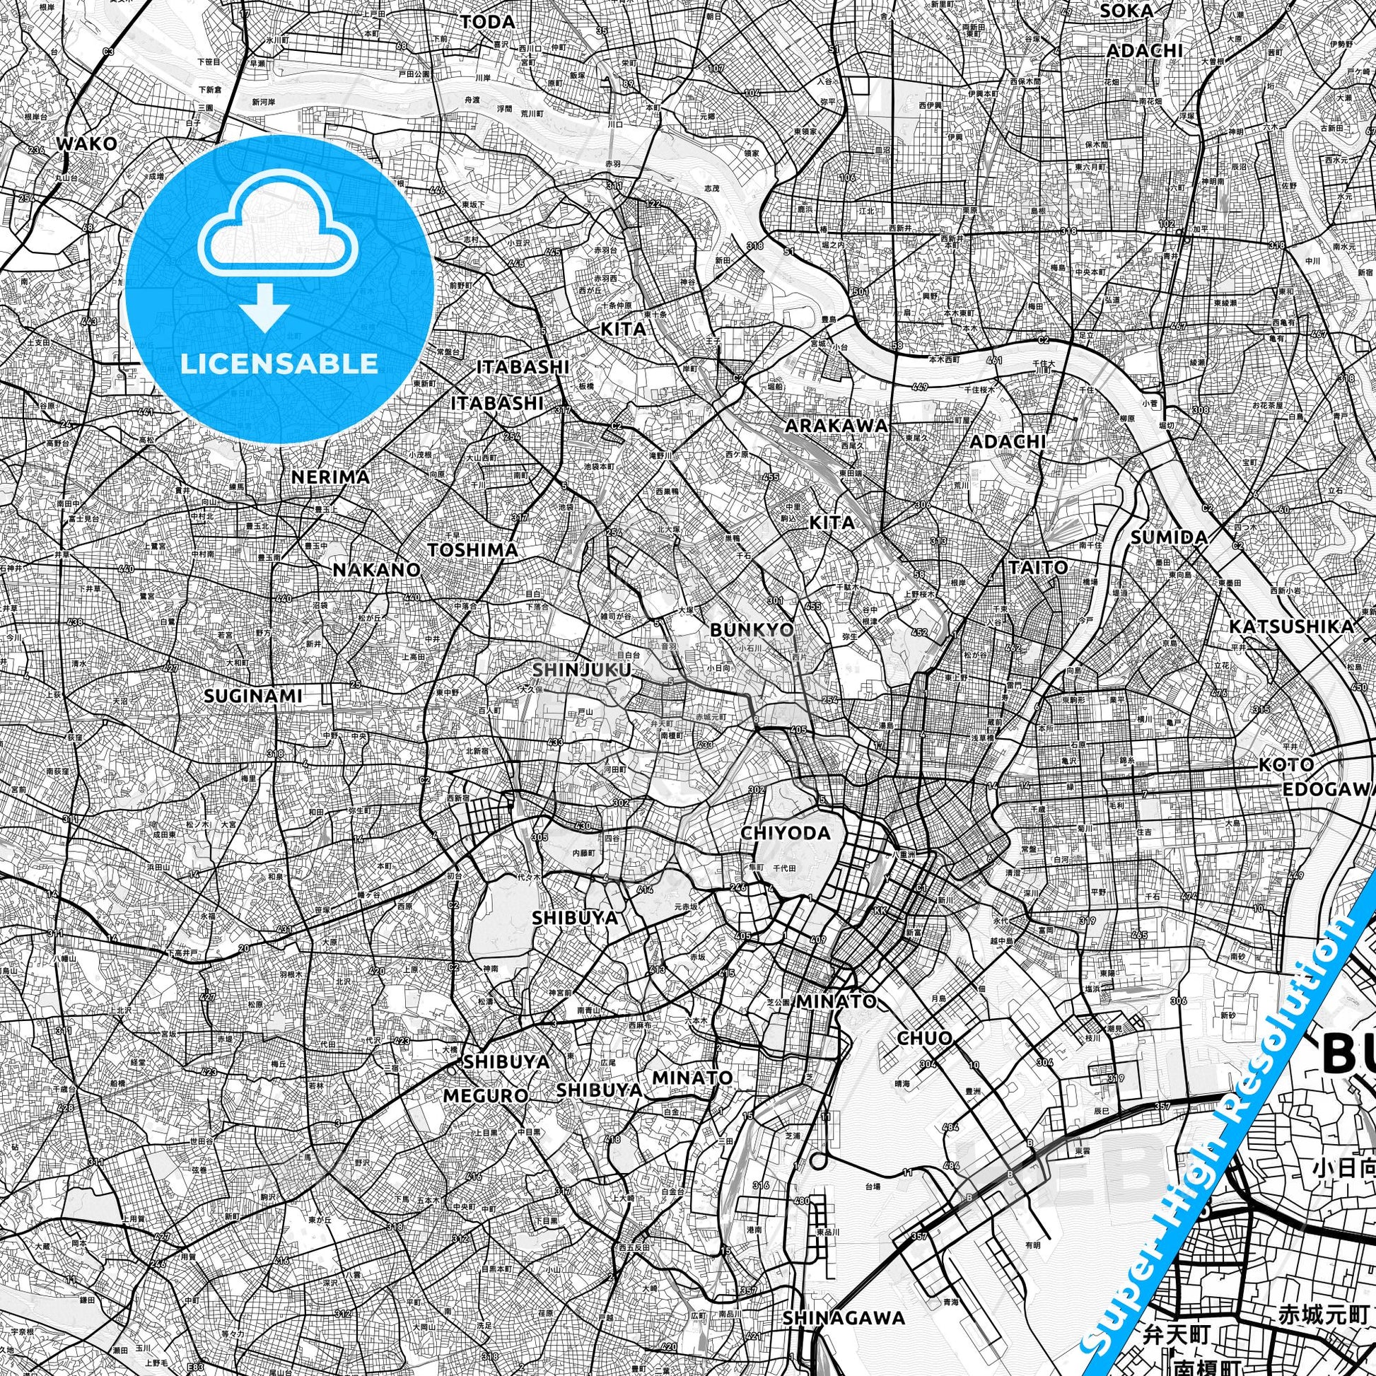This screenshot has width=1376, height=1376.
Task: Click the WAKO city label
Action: (86, 143)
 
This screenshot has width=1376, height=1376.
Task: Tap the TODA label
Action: (487, 22)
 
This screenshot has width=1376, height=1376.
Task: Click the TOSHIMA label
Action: (472, 550)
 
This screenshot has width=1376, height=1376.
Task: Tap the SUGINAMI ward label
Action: (253, 696)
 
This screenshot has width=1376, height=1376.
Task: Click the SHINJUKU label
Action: (582, 670)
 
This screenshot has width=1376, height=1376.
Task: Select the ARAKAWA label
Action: (837, 426)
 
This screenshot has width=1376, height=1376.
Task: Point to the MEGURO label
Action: (486, 1095)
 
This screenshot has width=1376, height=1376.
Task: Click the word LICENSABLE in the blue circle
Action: (279, 363)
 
